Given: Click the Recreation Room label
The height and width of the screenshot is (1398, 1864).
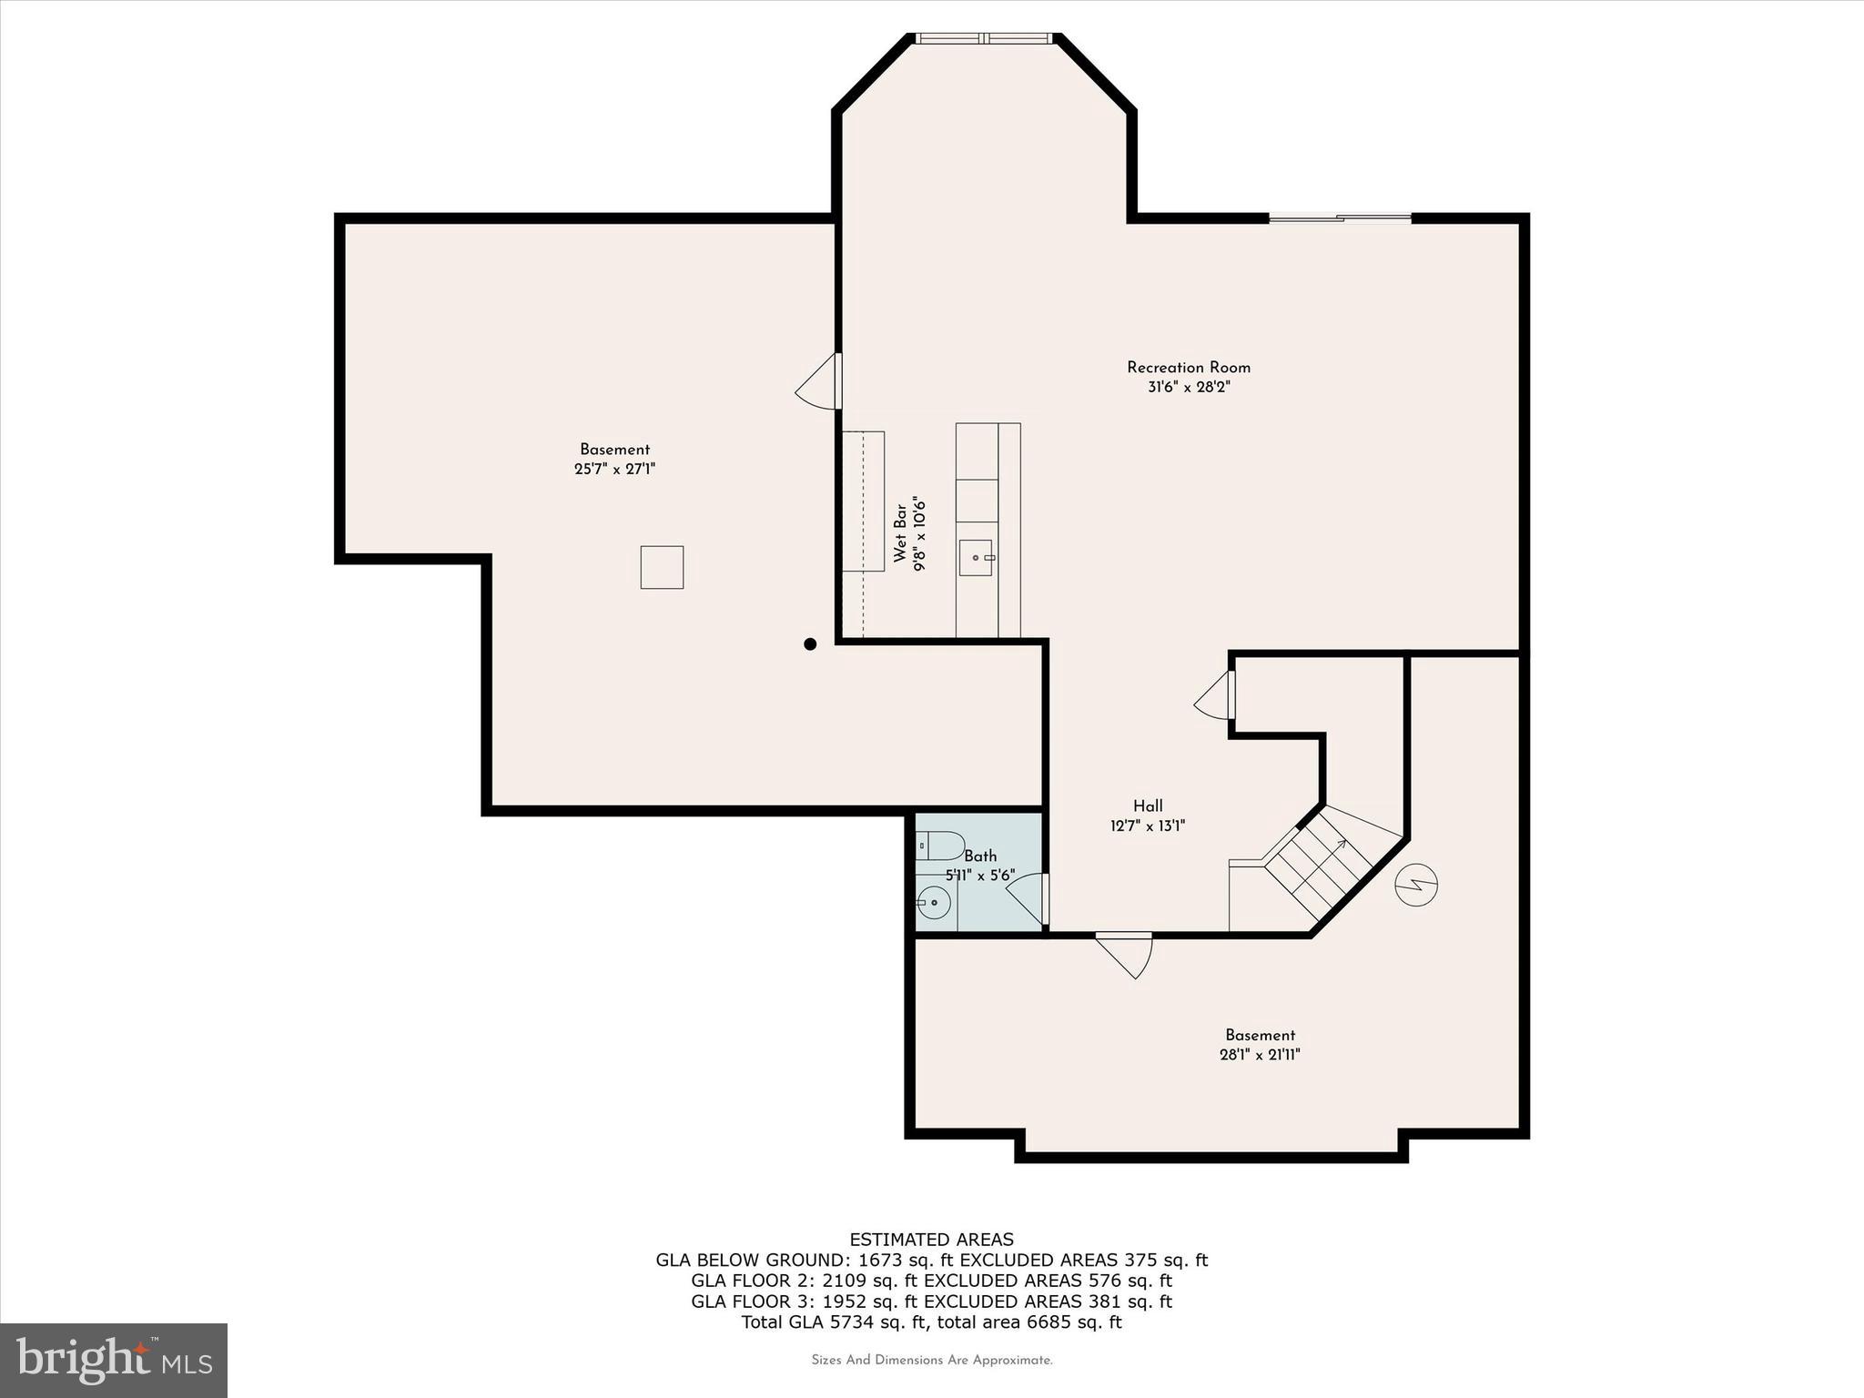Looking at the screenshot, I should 1188,368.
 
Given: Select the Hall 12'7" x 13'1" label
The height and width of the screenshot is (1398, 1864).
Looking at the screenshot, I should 1147,816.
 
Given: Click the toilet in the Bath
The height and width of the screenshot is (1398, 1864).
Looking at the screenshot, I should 939,846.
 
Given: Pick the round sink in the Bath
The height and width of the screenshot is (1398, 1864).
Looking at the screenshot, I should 934,903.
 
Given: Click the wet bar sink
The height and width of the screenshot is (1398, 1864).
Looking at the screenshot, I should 976,557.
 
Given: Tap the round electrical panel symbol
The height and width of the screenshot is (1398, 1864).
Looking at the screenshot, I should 1416,884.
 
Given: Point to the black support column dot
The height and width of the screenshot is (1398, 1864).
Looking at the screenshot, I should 810,644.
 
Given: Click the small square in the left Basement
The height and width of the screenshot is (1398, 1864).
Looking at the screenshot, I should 662,567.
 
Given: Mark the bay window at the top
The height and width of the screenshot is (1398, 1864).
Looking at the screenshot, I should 983,38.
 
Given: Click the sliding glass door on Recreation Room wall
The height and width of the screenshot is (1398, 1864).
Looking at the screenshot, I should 1340,218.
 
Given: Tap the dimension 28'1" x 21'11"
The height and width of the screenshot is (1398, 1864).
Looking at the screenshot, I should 1260,1055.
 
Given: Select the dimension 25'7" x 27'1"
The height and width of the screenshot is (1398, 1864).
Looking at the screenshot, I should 614,470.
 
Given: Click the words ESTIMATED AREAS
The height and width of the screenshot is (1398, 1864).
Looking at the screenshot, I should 931,1240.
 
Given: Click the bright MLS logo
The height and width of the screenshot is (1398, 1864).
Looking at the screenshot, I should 114,1360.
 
